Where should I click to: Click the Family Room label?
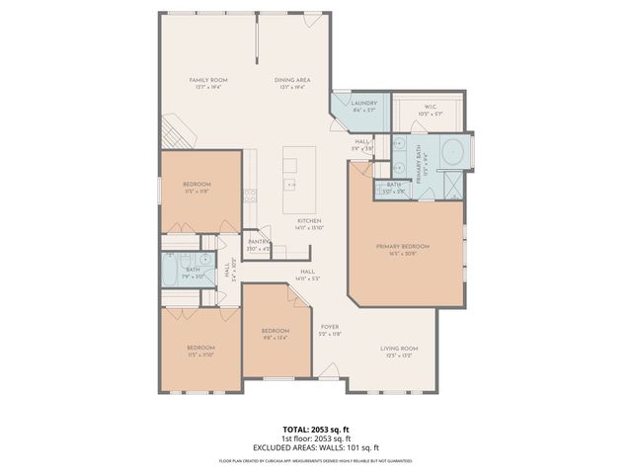click(209, 82)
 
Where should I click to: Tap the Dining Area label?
click(294, 82)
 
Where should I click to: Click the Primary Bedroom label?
click(400, 249)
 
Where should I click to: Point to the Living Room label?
click(400, 351)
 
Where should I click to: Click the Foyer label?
click(330, 329)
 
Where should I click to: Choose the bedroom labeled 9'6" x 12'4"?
click(275, 333)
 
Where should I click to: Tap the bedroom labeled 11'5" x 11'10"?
click(201, 351)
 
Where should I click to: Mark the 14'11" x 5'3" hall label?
click(307, 275)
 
